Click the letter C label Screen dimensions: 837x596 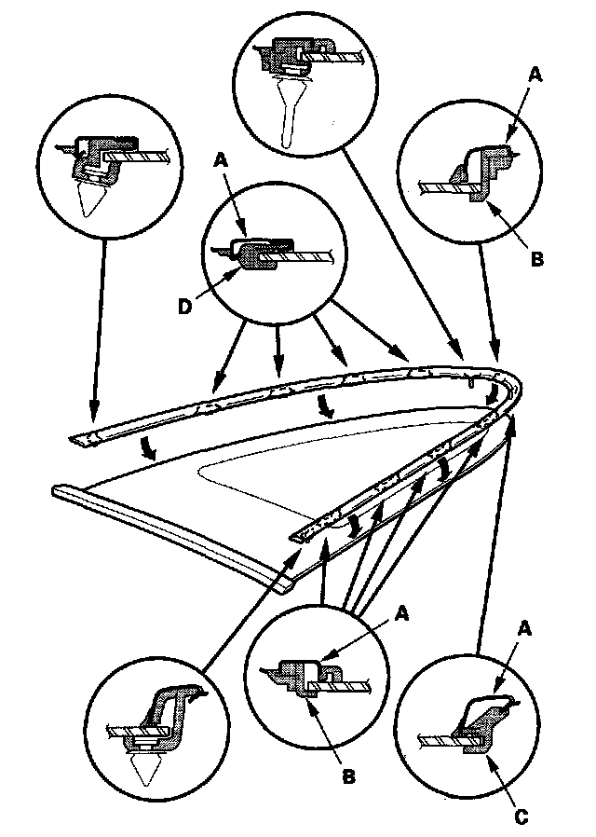pos(521,816)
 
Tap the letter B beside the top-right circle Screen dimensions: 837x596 pos(535,260)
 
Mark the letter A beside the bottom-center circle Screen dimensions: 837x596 pos(402,612)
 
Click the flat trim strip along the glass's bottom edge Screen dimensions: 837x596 pos(168,532)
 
